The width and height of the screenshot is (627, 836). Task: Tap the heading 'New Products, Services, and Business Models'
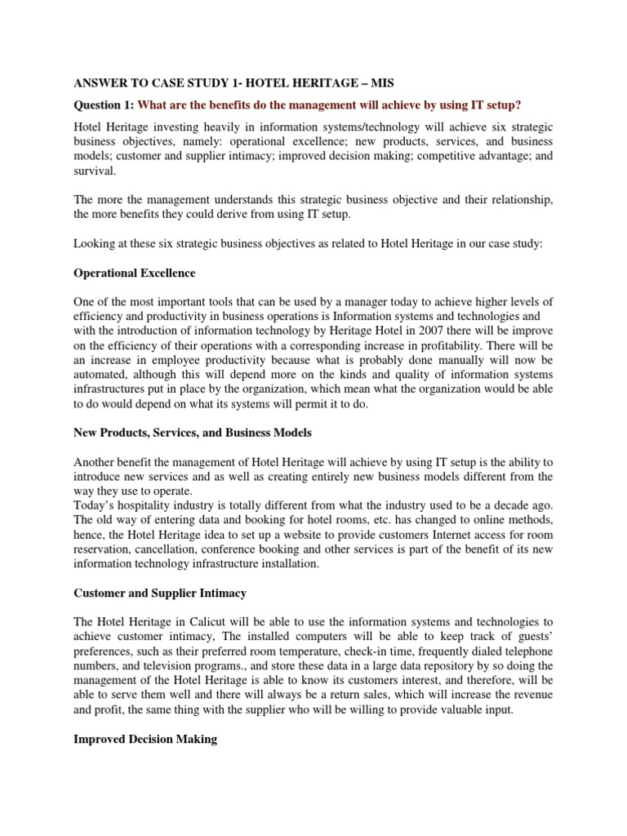coord(193,432)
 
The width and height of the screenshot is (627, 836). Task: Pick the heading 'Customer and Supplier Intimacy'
coord(160,592)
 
